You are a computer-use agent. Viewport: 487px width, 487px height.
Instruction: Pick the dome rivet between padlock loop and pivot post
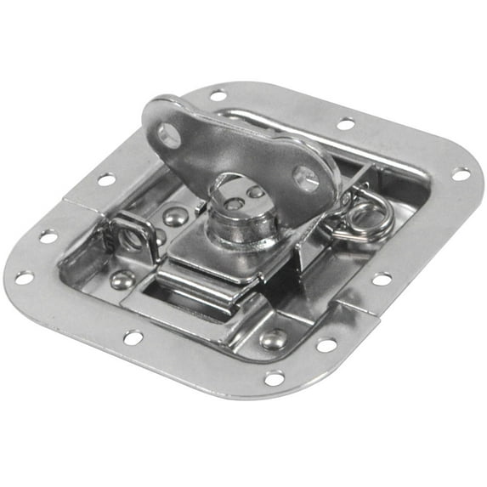[175, 218]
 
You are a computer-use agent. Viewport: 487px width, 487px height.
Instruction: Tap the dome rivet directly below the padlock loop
[124, 279]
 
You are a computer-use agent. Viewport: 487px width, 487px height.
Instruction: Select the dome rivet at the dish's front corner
[273, 338]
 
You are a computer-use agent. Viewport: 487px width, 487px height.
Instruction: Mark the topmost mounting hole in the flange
[218, 96]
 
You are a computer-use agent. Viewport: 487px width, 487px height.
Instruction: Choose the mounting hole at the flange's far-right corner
[460, 174]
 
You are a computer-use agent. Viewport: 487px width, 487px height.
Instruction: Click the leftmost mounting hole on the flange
[24, 278]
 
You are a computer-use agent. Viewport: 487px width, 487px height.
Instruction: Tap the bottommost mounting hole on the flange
[274, 377]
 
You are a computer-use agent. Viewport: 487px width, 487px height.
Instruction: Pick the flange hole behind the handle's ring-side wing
[345, 124]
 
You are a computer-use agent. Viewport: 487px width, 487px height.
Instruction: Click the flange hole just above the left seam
[106, 179]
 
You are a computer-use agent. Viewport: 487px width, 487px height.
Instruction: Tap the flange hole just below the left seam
[48, 236]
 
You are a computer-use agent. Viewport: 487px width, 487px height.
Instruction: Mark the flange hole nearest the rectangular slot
[133, 337]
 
